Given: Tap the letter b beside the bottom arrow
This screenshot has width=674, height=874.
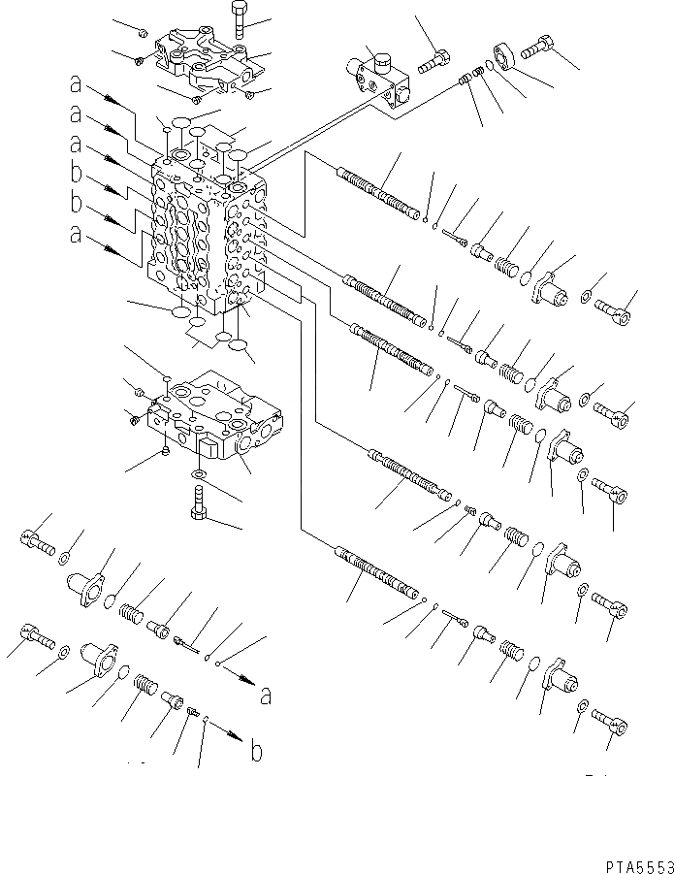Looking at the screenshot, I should pyautogui.click(x=255, y=752).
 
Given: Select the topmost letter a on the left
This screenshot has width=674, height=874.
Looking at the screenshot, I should pyautogui.click(x=75, y=85).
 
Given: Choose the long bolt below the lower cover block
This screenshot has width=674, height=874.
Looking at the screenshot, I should pyautogui.click(x=197, y=504).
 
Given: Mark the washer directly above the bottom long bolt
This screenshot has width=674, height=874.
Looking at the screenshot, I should pyautogui.click(x=197, y=474).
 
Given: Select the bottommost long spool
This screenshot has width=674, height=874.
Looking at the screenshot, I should pyautogui.click(x=377, y=574).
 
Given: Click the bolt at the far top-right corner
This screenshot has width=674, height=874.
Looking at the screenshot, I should pyautogui.click(x=537, y=43).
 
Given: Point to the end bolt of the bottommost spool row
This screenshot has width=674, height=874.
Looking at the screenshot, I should pyautogui.click(x=609, y=722).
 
